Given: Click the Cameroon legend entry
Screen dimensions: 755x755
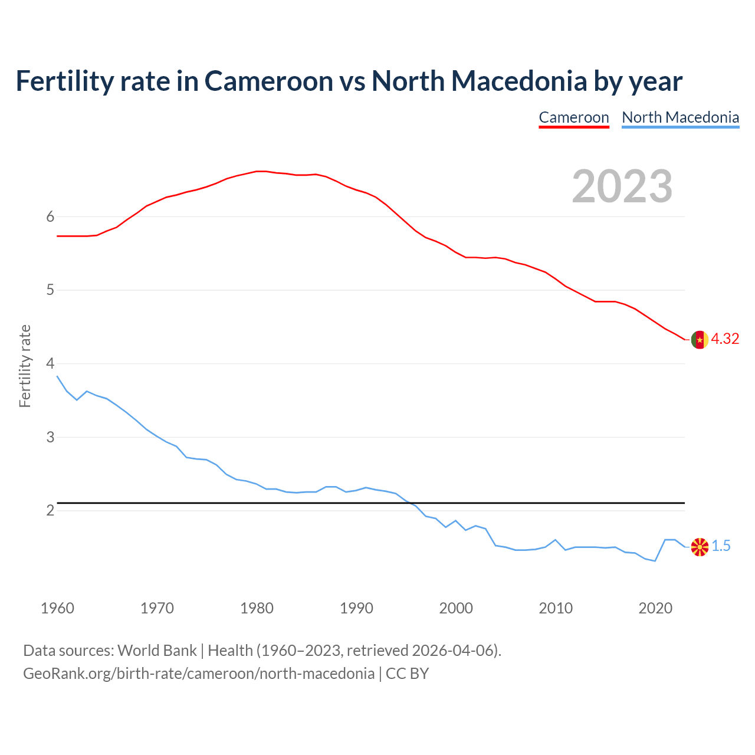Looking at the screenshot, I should (x=573, y=117).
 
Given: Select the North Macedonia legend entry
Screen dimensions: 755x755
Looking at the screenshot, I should (x=680, y=117).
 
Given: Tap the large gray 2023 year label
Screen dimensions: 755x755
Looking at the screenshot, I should (x=622, y=186).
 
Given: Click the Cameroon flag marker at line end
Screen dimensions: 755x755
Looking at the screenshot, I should (x=699, y=340).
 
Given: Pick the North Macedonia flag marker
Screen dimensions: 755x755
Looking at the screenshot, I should (x=699, y=547).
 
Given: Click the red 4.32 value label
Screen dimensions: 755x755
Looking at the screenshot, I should (x=725, y=339).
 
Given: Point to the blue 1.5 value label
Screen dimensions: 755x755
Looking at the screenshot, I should (x=721, y=546).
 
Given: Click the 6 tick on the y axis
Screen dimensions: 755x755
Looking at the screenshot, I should (x=50, y=216).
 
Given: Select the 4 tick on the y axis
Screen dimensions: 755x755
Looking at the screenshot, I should (x=50, y=363).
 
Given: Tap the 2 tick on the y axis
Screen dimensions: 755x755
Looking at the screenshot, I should (x=50, y=510).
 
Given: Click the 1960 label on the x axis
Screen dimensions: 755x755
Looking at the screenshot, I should (x=57, y=608).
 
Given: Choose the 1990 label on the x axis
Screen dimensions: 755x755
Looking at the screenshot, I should (x=356, y=608).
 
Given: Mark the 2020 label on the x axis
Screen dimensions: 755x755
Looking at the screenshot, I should (x=655, y=608).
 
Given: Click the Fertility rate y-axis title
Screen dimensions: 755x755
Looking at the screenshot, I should (x=25, y=366).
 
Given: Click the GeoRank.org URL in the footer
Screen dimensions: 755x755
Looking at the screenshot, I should (x=199, y=674).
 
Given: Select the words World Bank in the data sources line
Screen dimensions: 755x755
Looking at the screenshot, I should (x=157, y=651).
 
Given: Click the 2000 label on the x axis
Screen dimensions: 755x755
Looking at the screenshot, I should (x=456, y=608).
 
